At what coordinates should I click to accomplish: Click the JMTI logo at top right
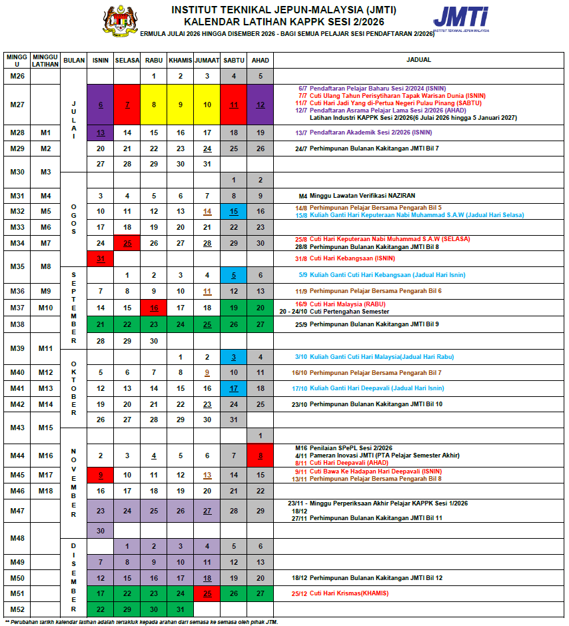pyautogui.click(x=460, y=19)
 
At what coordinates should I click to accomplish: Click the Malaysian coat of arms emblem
pyautogui.click(x=118, y=21)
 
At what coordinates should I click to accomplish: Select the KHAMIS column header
pyautogui.click(x=180, y=60)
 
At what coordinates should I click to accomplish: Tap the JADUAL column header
pyautogui.click(x=418, y=60)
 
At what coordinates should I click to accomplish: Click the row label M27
pyautogui.click(x=17, y=105)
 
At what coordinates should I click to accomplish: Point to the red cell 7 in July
pyautogui.click(x=127, y=105)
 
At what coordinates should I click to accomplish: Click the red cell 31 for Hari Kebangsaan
pyautogui.click(x=100, y=258)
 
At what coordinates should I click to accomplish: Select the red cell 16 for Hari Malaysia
pyautogui.click(x=153, y=308)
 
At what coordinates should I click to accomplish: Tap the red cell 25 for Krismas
pyautogui.click(x=207, y=593)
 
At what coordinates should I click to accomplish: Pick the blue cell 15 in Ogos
pyautogui.click(x=234, y=211)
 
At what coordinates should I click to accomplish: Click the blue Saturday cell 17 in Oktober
pyautogui.click(x=234, y=388)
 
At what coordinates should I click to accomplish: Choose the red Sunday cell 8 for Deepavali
pyautogui.click(x=261, y=456)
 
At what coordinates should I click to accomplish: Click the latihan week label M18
pyautogui.click(x=45, y=491)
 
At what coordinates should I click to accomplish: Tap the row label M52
pyautogui.click(x=17, y=609)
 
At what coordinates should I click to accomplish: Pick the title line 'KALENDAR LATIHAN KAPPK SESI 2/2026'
pyautogui.click(x=284, y=21)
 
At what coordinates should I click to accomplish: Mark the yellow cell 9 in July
pyautogui.click(x=180, y=105)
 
